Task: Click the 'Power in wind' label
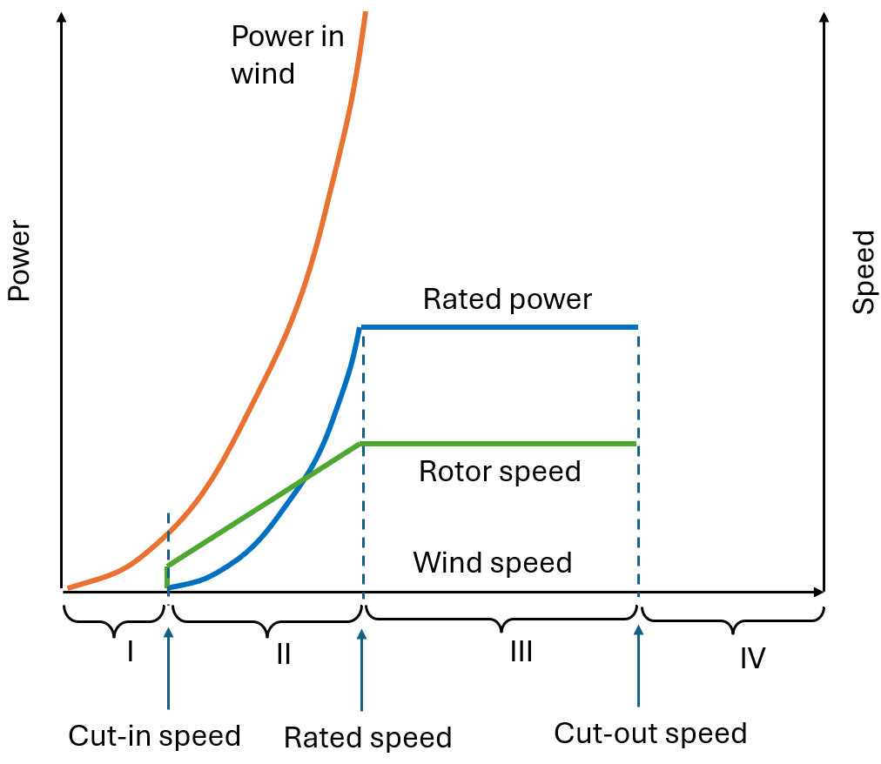tap(286, 55)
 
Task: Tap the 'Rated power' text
tap(507, 299)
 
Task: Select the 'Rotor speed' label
tap(499, 472)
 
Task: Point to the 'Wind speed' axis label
tap(492, 562)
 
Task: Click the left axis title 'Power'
tap(19, 261)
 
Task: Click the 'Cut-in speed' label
tap(154, 736)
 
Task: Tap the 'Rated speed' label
tap(367, 738)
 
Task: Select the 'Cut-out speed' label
tap(650, 733)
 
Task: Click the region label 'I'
tap(130, 651)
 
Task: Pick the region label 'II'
tap(283, 654)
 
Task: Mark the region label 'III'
tap(521, 652)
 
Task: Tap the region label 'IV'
tap(752, 658)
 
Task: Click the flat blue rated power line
tap(500, 327)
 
